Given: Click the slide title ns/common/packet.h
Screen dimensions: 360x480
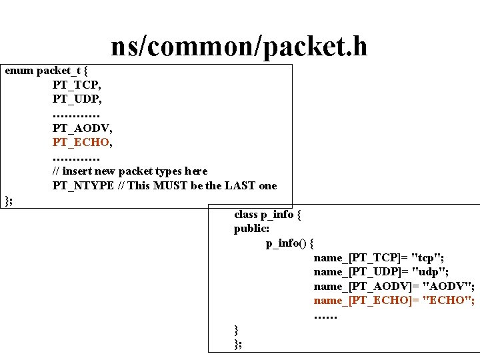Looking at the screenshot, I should pos(239,46).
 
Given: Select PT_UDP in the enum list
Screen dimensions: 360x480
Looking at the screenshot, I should pos(77,99).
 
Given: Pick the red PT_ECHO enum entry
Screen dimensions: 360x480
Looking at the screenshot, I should pos(81,142).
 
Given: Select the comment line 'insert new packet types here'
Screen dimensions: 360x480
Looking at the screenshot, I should pos(130,171).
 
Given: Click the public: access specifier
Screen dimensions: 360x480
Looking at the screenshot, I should pos(251,229).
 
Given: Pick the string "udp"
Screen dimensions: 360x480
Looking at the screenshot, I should pos(429,272).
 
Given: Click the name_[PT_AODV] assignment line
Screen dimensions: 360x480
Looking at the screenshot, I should pos(394,287).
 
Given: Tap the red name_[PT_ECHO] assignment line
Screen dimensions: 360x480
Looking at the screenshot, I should pos(394,301).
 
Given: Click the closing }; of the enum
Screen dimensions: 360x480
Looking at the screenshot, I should pos(9,200).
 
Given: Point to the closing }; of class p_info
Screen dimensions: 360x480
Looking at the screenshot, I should pos(239,344).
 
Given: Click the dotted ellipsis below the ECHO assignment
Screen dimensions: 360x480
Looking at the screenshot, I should pos(326,315).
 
